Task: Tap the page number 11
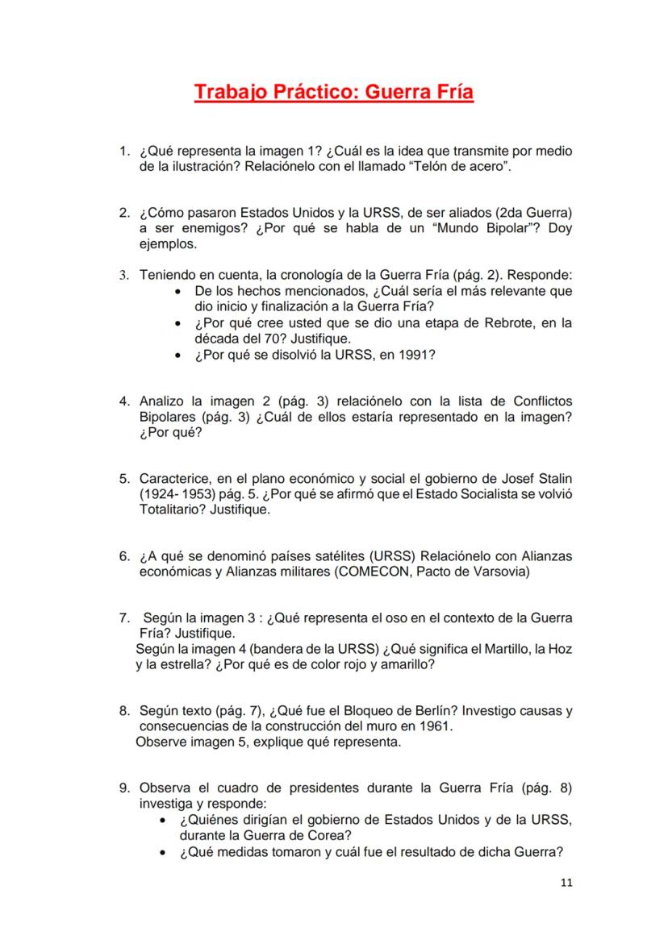566,883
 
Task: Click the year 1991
418,354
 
